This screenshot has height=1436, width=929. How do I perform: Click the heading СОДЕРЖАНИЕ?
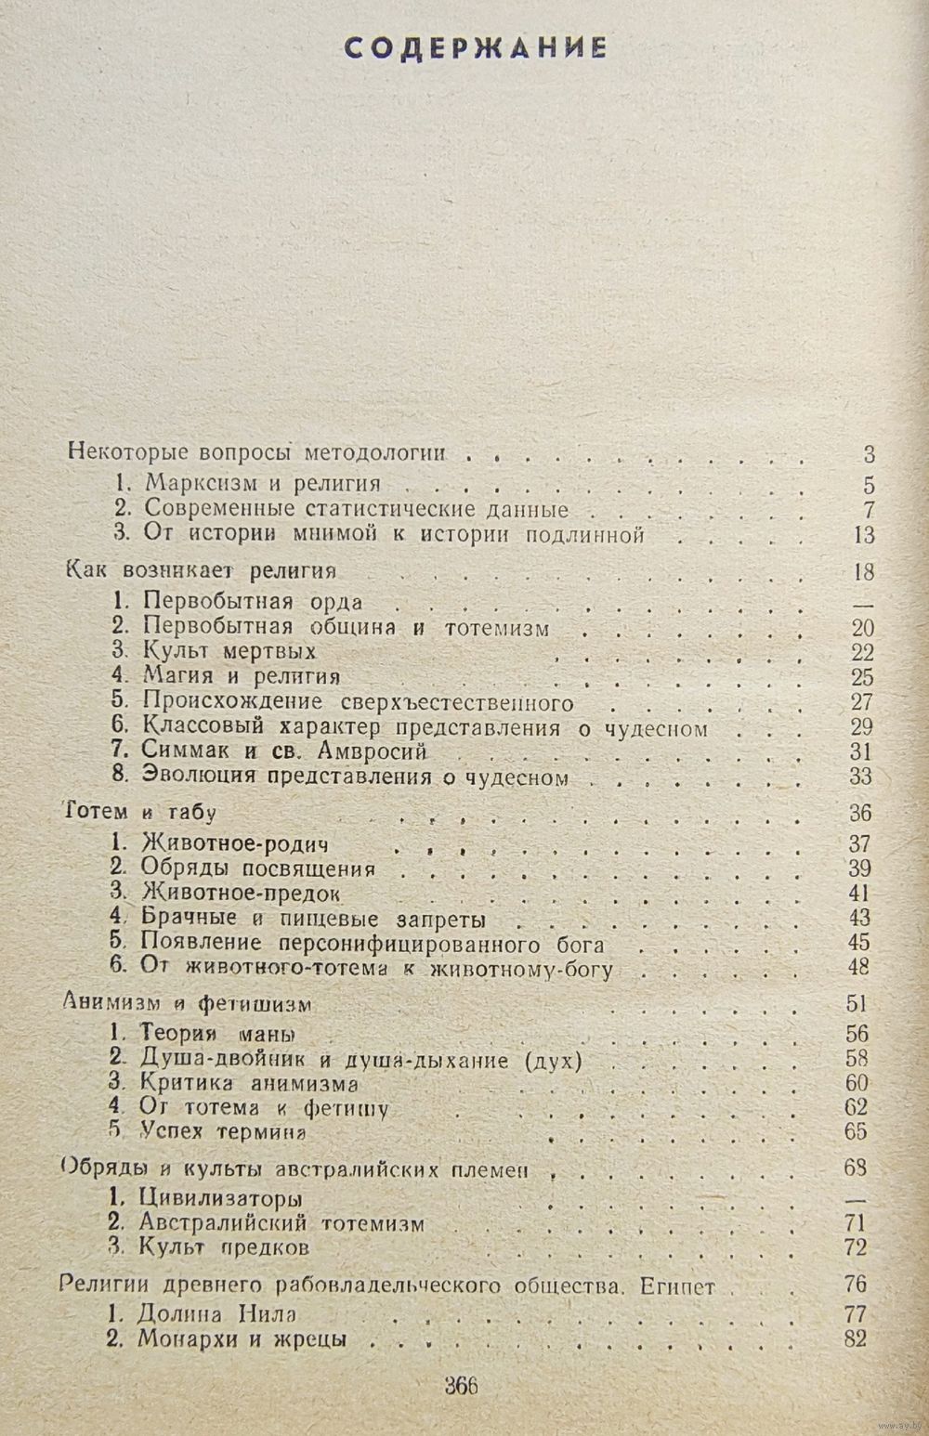pos(476,48)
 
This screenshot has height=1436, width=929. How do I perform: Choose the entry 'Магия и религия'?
pos(240,676)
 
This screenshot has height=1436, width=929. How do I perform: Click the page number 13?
pos(864,535)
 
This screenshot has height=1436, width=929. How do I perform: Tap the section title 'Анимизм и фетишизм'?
pos(186,1004)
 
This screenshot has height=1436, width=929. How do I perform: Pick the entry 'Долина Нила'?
pos(219,1314)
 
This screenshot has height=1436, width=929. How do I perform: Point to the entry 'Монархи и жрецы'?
pos(242,1340)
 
